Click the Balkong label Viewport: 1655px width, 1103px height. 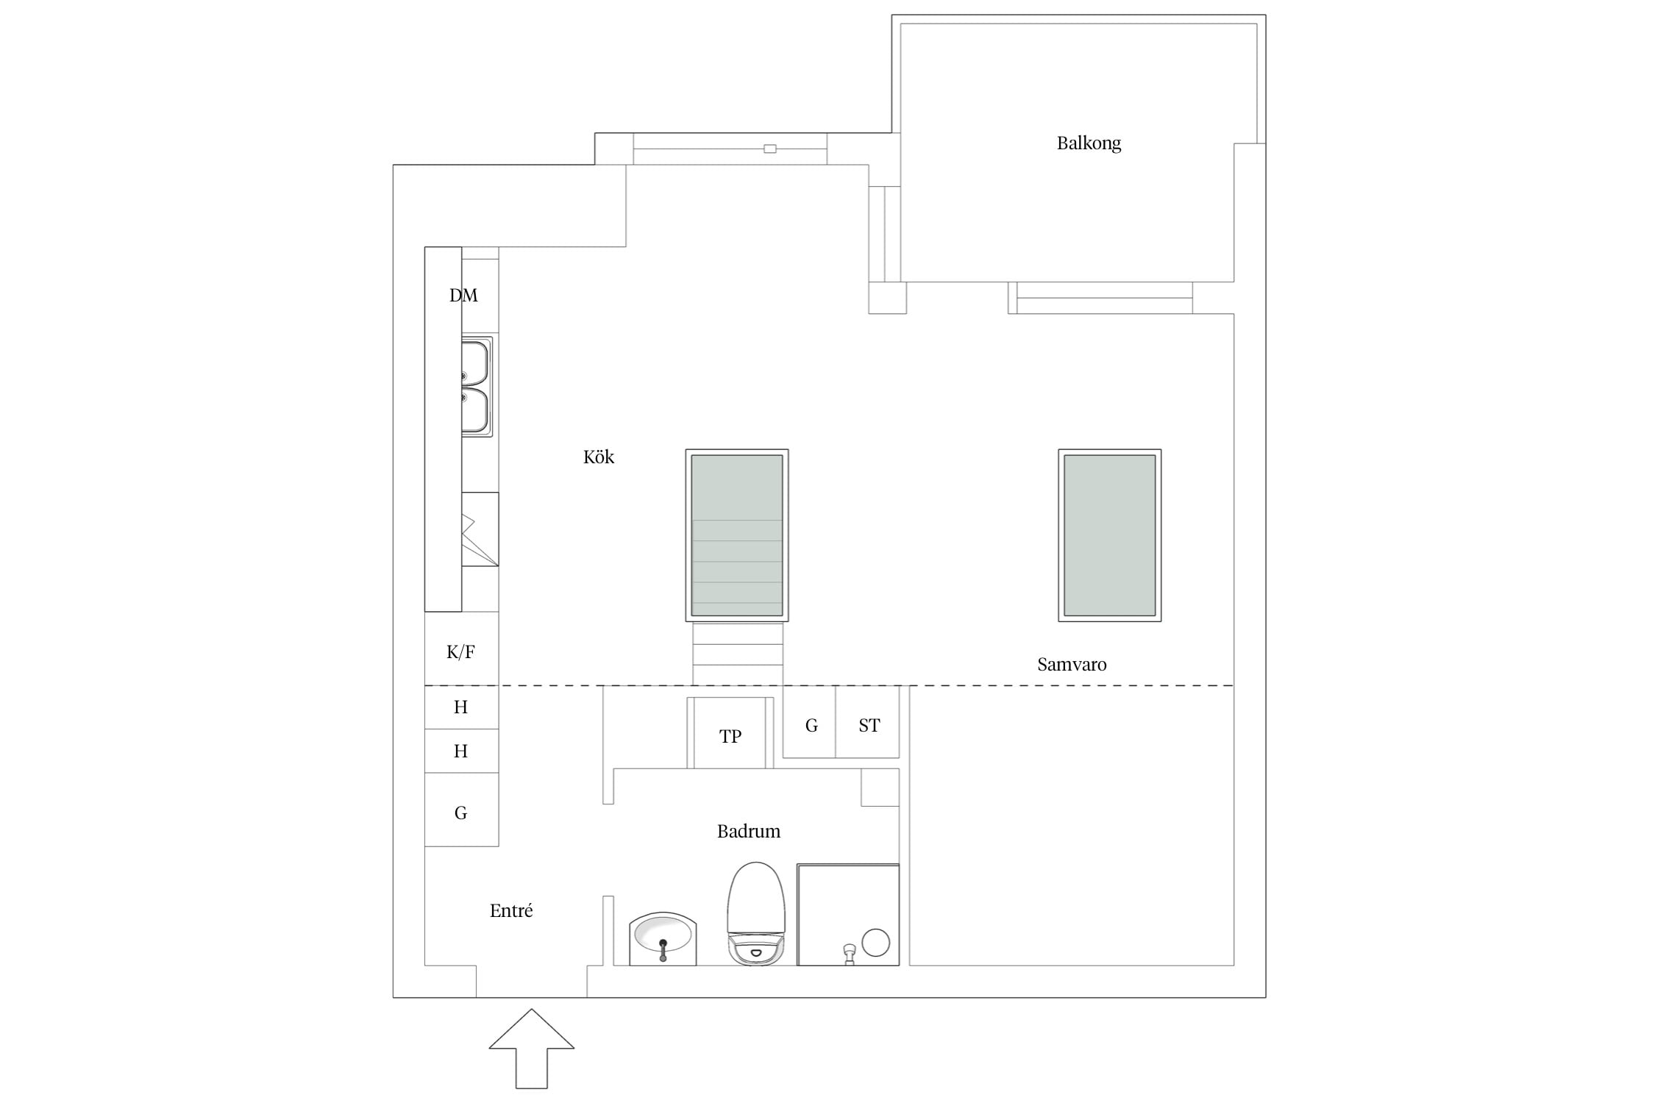pos(1089,143)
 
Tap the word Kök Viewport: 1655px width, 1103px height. pos(598,457)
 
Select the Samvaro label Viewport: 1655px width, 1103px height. pos(1072,664)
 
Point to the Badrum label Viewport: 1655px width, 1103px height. pos(748,831)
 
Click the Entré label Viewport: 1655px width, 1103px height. pos(511,910)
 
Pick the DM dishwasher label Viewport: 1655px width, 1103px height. pos(463,295)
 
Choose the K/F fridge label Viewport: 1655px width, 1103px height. pos(460,652)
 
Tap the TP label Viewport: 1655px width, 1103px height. pos(730,736)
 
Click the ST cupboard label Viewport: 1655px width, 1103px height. pos(869,726)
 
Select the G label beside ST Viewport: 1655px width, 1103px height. pos(811,726)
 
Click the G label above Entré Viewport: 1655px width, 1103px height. pos(460,813)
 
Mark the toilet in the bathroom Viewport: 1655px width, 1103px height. pos(756,913)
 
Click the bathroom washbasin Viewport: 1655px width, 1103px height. pos(663,938)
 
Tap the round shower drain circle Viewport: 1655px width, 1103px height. pos(875,943)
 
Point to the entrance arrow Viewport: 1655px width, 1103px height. pos(531,1048)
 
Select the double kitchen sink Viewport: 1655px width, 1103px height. pos(477,387)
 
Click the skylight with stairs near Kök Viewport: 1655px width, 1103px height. pos(737,535)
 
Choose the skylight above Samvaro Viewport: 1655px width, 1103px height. pos(1109,535)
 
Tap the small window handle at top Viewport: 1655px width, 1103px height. pos(769,149)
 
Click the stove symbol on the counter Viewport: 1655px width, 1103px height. pos(480,529)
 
